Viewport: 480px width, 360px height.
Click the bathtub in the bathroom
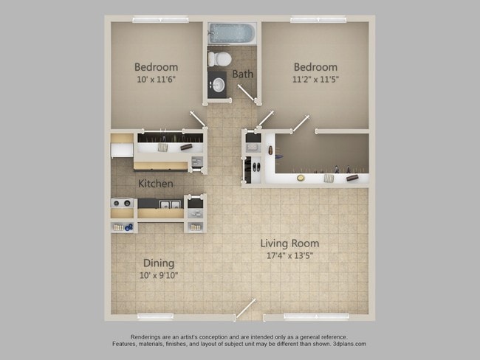point(231,33)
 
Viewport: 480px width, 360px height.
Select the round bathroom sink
point(218,85)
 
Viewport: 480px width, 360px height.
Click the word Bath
point(243,74)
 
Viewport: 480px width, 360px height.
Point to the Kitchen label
point(156,183)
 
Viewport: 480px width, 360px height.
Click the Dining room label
point(159,263)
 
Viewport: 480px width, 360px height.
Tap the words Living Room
point(289,243)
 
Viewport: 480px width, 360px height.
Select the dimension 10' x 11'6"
point(156,80)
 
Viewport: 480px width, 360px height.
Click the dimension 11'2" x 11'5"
point(315,80)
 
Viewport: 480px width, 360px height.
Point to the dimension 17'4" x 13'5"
point(289,257)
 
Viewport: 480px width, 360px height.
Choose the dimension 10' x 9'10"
point(159,275)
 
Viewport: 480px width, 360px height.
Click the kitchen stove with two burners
point(122,204)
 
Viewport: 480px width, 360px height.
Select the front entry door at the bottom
point(246,309)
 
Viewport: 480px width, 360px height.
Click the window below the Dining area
point(155,316)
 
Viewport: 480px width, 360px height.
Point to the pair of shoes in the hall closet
point(256,165)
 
